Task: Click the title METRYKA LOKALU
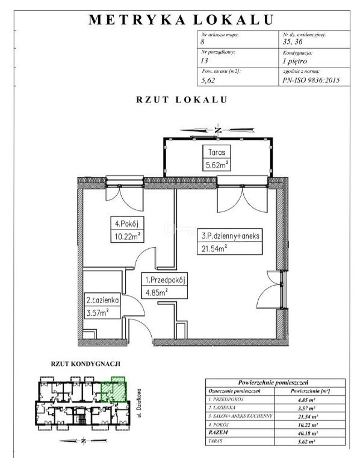[181, 19]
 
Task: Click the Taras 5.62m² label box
[217, 158]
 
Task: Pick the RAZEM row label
[218, 433]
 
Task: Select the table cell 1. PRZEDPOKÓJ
[226, 400]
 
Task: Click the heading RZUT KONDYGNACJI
[85, 364]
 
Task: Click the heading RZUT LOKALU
[181, 99]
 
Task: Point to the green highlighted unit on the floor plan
[114, 390]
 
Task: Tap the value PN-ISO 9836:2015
[311, 80]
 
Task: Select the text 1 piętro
[294, 61]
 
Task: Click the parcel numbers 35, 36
[293, 42]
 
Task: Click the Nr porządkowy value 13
[204, 60]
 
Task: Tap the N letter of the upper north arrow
[217, 130]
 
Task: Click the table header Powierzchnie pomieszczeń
[273, 383]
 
